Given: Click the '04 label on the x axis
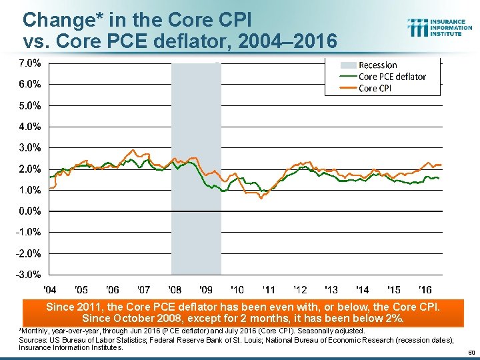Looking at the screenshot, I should tap(49, 290).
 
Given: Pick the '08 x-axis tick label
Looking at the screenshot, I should tap(175, 290).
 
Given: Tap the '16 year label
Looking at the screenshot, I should tap(424, 290).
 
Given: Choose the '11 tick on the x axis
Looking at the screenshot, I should tap(268, 290).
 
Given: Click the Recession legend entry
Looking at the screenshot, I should tap(377, 65).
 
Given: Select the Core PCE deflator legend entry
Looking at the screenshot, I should tap(392, 77).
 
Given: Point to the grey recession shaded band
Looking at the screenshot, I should tap(196, 200).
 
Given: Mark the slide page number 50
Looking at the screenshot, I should tap(471, 352).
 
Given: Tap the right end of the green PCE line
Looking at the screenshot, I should tap(439, 178).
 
